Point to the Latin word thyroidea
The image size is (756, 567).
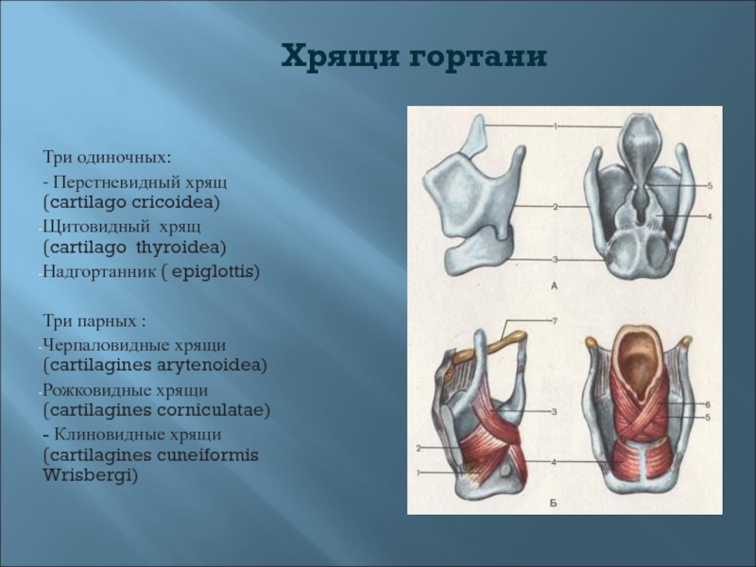coord(181,248)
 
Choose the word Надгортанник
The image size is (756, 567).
coord(100,272)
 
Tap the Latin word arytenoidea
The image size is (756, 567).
coord(212,365)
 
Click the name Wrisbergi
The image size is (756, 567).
coord(90,476)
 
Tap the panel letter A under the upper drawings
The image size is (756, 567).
coord(554,286)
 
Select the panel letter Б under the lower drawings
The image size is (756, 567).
coord(554,503)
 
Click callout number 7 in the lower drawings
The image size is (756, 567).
coord(555,320)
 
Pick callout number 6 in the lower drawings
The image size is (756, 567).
coord(708,404)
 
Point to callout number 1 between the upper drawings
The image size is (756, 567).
coord(556,127)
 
